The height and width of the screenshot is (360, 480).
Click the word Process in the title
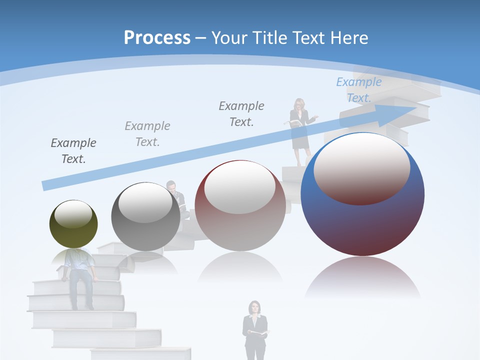tap(157, 38)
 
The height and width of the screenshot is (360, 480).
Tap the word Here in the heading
tap(348, 38)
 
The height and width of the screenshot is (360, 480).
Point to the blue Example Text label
tap(358, 90)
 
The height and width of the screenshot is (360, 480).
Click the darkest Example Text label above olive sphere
tap(73, 151)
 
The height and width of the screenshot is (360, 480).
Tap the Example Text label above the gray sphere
tap(147, 134)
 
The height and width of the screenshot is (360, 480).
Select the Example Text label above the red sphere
tap(241, 114)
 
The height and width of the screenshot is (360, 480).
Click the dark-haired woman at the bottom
tap(255, 327)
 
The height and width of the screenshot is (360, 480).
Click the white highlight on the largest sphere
tap(361, 167)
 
